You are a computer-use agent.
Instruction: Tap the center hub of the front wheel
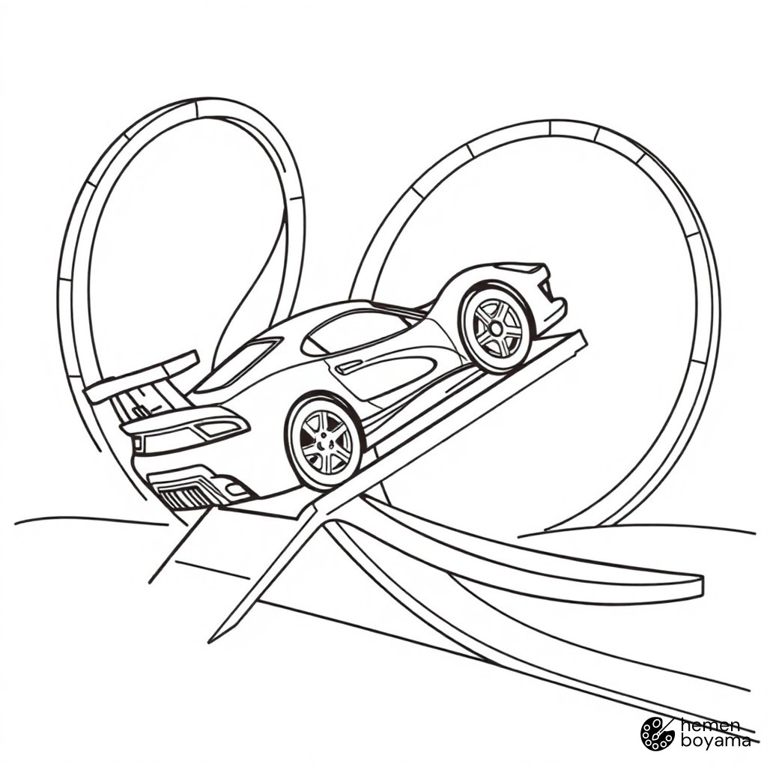(495, 329)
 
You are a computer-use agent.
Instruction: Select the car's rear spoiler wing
(142, 376)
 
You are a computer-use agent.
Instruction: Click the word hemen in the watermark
(710, 725)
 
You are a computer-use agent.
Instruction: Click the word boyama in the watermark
(715, 741)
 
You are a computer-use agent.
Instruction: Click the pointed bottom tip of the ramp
(210, 641)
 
